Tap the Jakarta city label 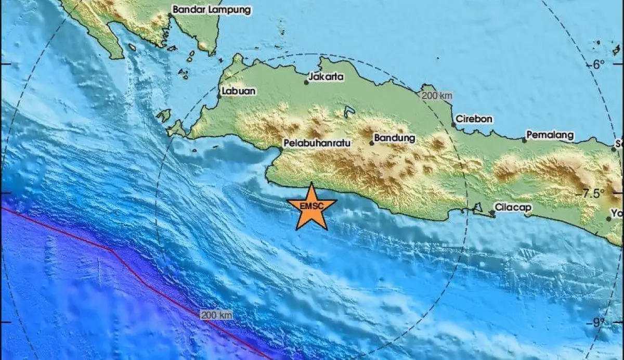[327, 77]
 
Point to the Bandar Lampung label [212, 9]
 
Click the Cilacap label [513, 208]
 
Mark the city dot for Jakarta [307, 82]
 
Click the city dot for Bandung [372, 143]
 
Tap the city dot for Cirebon [453, 125]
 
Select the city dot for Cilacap [492, 212]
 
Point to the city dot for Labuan [219, 96]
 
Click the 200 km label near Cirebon [437, 96]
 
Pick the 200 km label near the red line [216, 315]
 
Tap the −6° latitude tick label [599, 65]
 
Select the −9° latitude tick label [599, 323]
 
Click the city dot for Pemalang [524, 140]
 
